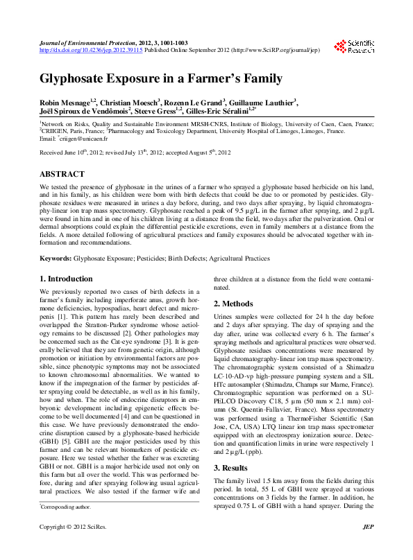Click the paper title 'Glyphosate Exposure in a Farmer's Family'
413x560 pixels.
pos(160,78)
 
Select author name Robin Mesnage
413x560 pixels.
pos(66,103)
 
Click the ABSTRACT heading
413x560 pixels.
pos(62,174)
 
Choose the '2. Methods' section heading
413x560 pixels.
pos(233,304)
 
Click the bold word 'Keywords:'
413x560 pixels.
pos(56,258)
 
